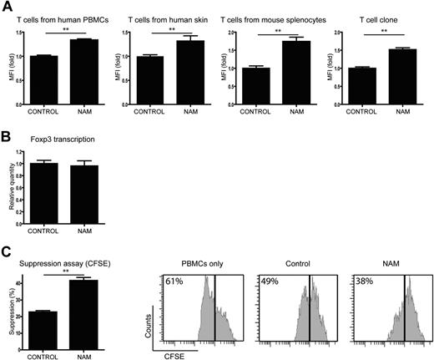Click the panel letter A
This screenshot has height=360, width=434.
pyautogui.click(x=7, y=8)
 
